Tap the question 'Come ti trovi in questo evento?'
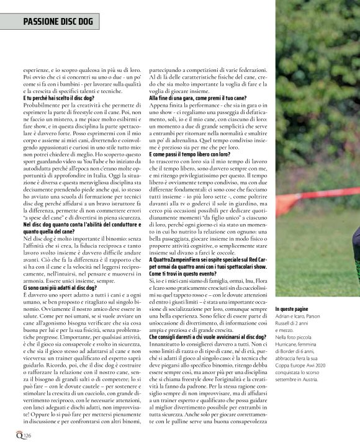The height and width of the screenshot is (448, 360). click(x=186, y=274)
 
